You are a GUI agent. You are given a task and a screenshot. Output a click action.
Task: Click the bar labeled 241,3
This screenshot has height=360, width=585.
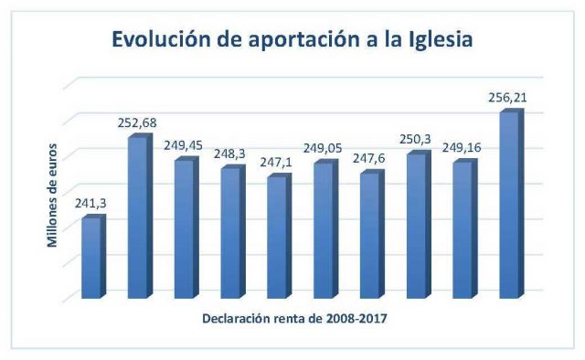[94, 257]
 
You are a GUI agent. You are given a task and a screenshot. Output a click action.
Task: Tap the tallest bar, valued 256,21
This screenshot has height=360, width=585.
[512, 204]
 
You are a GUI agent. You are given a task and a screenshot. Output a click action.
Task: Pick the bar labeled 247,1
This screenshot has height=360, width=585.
[280, 236]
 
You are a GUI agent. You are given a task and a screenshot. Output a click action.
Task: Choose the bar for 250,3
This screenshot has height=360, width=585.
[419, 225]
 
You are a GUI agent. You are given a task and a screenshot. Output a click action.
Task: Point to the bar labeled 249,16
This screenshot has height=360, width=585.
[465, 228]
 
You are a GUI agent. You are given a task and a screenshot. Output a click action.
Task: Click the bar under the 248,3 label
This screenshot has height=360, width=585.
[233, 232]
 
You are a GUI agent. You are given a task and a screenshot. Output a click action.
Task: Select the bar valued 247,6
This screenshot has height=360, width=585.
[372, 234]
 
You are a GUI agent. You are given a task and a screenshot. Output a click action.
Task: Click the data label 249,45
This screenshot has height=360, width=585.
[183, 145]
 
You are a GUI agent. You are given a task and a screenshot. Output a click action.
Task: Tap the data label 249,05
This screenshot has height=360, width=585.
[323, 148]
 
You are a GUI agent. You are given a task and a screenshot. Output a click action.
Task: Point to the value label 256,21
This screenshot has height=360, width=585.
[507, 98]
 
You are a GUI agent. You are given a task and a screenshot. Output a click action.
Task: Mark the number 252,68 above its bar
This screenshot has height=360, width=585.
[137, 122]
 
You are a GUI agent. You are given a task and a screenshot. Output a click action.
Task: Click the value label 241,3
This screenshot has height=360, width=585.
[90, 204]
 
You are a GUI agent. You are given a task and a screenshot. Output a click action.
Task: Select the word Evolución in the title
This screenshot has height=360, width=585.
[161, 38]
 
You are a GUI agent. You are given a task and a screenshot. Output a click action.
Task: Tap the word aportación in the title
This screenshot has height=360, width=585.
[304, 40]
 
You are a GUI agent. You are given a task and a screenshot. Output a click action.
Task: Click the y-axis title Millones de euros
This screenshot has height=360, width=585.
[52, 196]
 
